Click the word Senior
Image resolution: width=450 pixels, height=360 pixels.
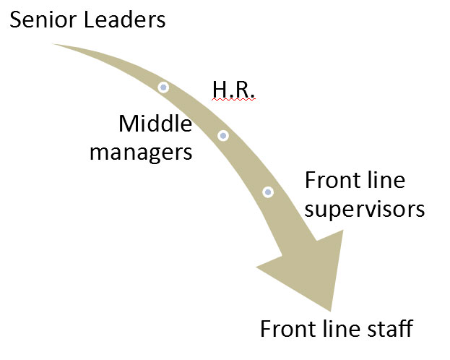click(40, 20)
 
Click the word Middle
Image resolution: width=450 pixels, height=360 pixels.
click(155, 124)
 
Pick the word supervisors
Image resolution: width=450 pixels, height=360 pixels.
click(363, 210)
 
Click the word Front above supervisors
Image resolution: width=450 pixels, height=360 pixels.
click(329, 180)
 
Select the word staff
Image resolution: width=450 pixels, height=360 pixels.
click(393, 329)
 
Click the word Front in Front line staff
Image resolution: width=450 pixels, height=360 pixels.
click(285, 329)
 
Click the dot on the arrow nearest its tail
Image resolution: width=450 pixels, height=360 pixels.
click(164, 87)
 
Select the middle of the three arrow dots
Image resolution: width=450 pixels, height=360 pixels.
click(223, 135)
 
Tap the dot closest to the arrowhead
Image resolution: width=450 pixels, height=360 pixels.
click(268, 192)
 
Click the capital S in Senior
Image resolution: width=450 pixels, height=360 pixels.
click(16, 20)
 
